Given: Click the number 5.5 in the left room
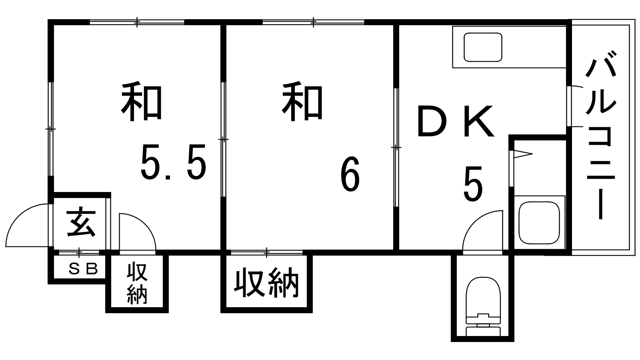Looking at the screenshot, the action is point(173,162).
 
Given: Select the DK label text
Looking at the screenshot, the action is point(456,121).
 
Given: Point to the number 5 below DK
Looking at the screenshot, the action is point(473,184).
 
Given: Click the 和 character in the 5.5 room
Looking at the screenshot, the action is point(142,102).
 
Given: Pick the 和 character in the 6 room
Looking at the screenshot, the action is point(302,102).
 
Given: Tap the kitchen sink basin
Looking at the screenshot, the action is point(483,47).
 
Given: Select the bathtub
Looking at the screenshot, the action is point(539,223).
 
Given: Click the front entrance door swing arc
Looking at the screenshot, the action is point(27,225).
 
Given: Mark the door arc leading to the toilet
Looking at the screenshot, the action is point(482,232).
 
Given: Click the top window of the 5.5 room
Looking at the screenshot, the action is point(137,22).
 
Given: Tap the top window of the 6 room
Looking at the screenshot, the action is point(314,22).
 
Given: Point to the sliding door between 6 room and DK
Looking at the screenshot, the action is point(396,148).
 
